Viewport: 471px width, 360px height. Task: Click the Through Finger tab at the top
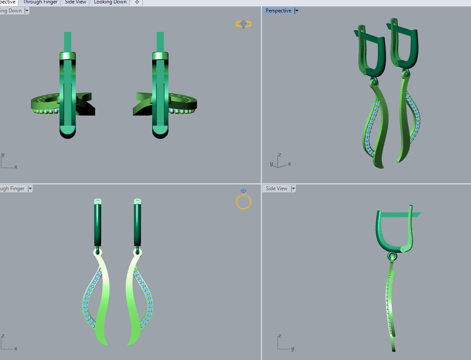40,2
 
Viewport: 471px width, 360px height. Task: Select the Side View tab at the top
76,2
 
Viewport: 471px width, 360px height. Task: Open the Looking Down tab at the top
110,2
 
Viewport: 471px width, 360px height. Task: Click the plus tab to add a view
137,2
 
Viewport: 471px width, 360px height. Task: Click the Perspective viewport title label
278,11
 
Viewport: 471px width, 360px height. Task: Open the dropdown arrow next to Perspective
297,11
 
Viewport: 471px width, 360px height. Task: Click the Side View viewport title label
276,189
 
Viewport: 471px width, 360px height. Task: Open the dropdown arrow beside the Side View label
293,189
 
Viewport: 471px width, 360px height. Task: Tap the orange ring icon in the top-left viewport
244,24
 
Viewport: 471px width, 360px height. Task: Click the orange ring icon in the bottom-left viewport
244,200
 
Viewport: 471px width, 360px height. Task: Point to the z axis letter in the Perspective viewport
279,155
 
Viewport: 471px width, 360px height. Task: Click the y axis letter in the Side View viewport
293,349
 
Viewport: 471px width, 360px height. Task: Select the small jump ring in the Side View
392,256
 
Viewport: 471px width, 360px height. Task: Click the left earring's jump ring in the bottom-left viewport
98,251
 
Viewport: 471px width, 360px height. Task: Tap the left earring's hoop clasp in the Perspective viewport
371,51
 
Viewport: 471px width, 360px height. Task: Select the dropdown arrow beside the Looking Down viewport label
27,11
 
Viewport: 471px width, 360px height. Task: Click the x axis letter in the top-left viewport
16,167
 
